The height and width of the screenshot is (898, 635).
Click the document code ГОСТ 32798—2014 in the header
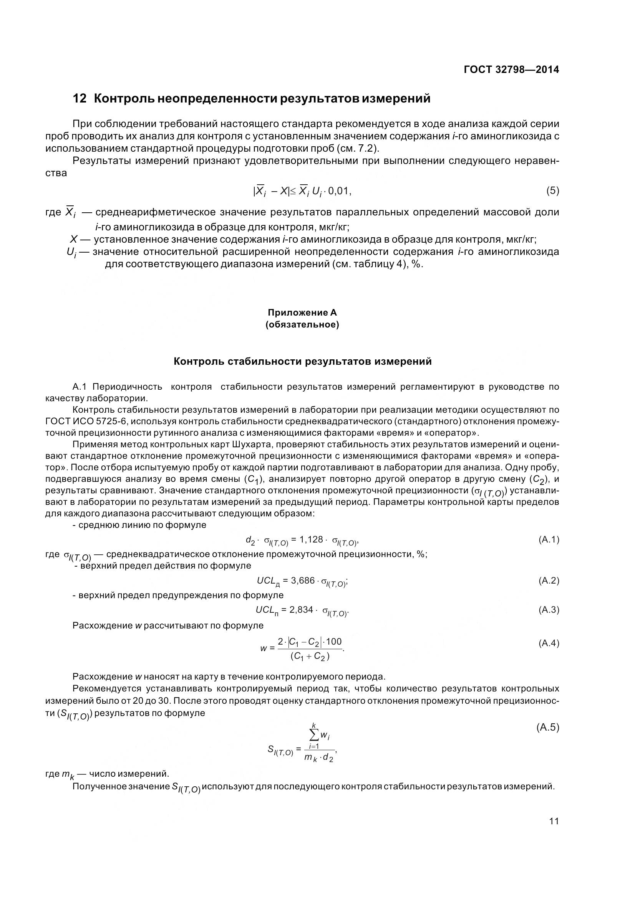click(x=511, y=70)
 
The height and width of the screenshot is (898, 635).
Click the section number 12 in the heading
click(x=80, y=99)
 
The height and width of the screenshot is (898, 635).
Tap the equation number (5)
click(x=552, y=191)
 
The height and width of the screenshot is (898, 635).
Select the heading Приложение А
click(x=302, y=313)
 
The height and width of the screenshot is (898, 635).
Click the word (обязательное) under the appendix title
click(x=302, y=325)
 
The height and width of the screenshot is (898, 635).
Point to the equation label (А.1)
click(x=549, y=540)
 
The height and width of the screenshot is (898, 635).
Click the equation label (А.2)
click(x=549, y=580)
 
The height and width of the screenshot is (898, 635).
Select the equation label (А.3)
click(x=549, y=609)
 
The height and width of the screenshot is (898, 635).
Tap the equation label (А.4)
click(x=549, y=643)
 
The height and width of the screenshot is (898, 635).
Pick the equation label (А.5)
click(x=548, y=728)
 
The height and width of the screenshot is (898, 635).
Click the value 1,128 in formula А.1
click(x=311, y=540)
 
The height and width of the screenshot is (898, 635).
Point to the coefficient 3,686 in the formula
click(x=303, y=580)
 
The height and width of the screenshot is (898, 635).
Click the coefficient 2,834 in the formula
click(x=301, y=609)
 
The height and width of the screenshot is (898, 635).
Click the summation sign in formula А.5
click(x=314, y=736)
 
